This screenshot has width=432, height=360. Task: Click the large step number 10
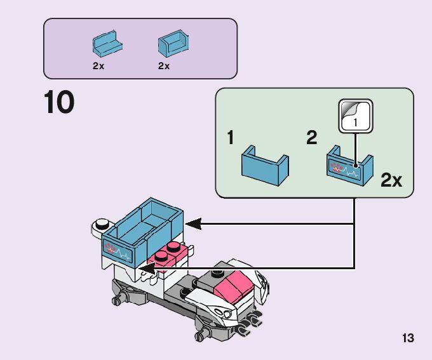[59, 103]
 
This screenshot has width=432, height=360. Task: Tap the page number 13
[408, 338]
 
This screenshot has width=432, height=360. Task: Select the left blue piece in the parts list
[107, 43]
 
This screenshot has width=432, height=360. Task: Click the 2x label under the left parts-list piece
[98, 66]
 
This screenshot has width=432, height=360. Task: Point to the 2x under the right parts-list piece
[164, 66]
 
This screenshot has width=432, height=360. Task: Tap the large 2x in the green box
[391, 180]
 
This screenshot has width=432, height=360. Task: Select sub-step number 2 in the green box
[311, 138]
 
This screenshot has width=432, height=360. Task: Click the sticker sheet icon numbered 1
[355, 116]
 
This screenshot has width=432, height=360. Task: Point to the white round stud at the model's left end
[100, 224]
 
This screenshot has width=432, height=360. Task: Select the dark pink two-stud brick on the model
[169, 253]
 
